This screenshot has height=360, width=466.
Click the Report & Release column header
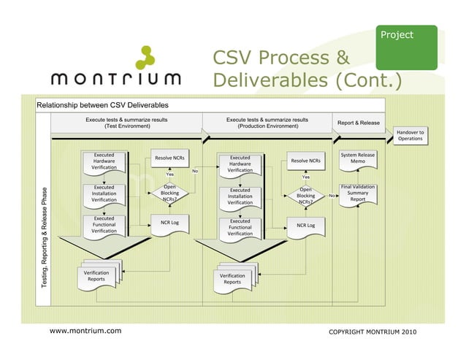pos(357,123)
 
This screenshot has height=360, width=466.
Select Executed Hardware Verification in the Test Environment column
pos(104,162)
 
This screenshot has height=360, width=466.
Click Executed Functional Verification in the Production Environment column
pos(240,227)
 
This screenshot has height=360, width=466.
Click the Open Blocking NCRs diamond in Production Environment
pos(305,196)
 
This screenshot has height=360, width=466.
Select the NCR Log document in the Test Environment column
pos(169,223)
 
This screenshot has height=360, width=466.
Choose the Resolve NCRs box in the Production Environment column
pos(305,161)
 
